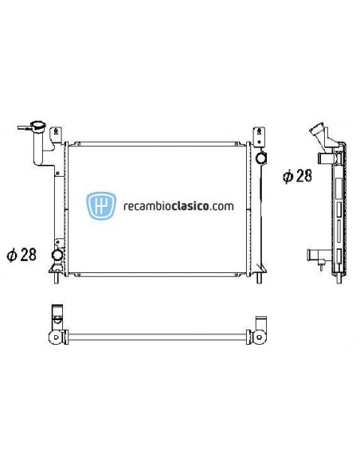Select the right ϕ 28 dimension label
tap(297, 176)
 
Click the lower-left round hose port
tap(57, 256)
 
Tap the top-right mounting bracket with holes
tap(258, 135)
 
